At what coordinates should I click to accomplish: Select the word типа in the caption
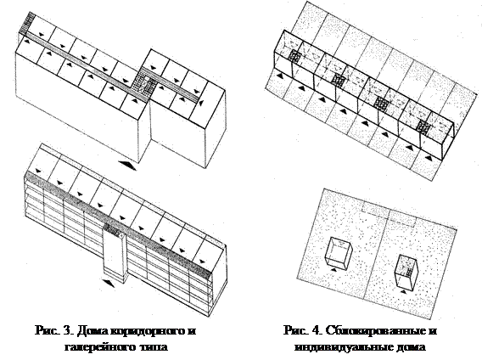154,347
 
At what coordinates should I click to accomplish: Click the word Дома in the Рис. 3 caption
92,331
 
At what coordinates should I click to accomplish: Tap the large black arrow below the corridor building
127,166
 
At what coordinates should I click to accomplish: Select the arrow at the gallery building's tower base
109,283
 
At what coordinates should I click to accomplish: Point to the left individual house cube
338,253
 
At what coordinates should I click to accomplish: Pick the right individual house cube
406,271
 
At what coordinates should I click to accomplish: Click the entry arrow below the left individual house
333,269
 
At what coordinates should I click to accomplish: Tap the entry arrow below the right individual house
403,291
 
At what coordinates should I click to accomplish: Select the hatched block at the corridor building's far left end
27,23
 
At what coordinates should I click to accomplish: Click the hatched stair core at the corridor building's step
147,82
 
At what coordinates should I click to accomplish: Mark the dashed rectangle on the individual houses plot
389,215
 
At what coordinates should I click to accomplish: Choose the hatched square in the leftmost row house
294,56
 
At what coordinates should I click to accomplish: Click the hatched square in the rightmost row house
423,127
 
